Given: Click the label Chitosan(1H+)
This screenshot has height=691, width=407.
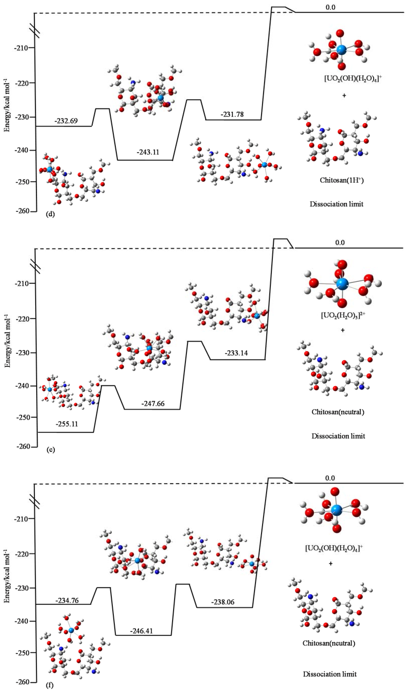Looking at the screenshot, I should (341, 180).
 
